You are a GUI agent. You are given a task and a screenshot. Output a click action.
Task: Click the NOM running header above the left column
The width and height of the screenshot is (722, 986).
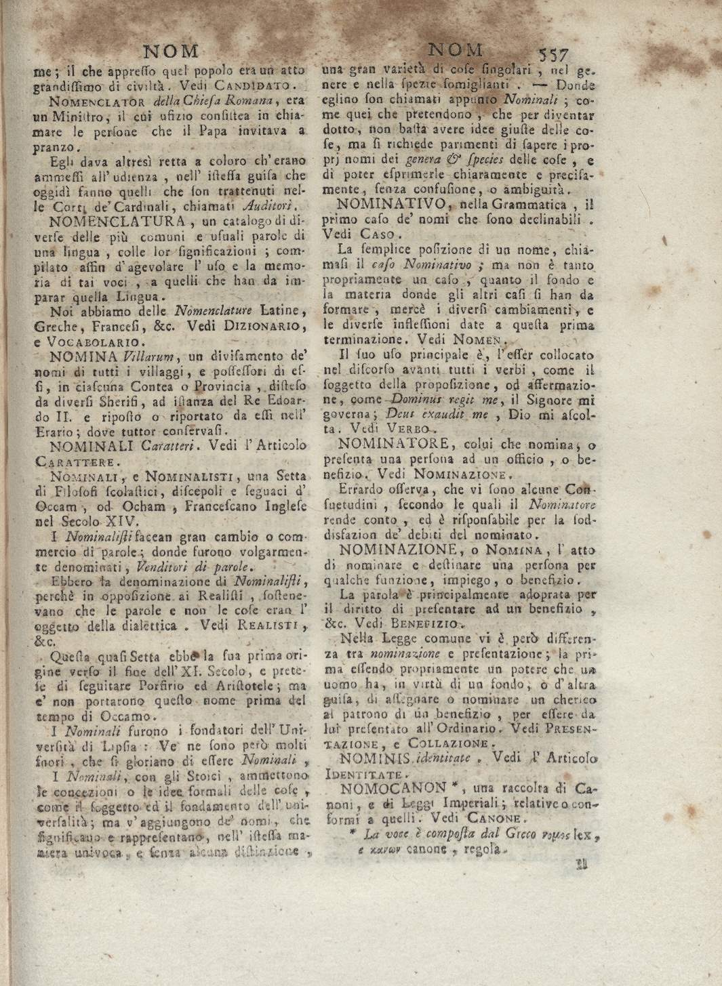[172, 52]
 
